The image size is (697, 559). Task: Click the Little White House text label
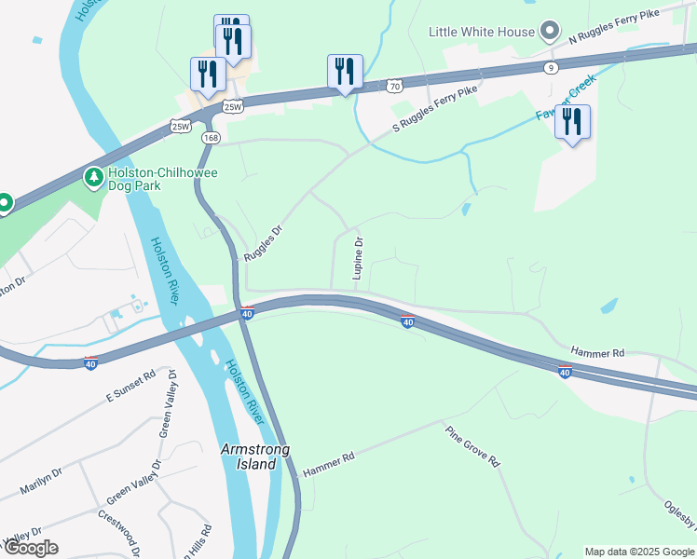click(x=482, y=32)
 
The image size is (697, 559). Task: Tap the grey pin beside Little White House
click(x=550, y=32)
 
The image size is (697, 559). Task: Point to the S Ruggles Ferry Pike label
click(x=434, y=107)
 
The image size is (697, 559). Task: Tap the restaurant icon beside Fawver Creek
click(x=572, y=122)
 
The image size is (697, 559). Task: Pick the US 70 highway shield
click(x=395, y=86)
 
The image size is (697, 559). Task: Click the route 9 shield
click(x=552, y=67)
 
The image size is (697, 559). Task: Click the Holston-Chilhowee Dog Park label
click(x=135, y=179)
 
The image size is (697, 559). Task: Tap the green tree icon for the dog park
click(x=93, y=176)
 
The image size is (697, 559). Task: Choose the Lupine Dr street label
click(x=358, y=258)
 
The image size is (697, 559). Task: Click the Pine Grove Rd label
click(x=472, y=447)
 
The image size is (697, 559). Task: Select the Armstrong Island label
click(x=254, y=457)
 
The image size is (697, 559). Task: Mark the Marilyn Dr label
click(x=41, y=484)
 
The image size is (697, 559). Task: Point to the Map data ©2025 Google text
click(x=638, y=552)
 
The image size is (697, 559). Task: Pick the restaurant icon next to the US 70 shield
click(x=345, y=71)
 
